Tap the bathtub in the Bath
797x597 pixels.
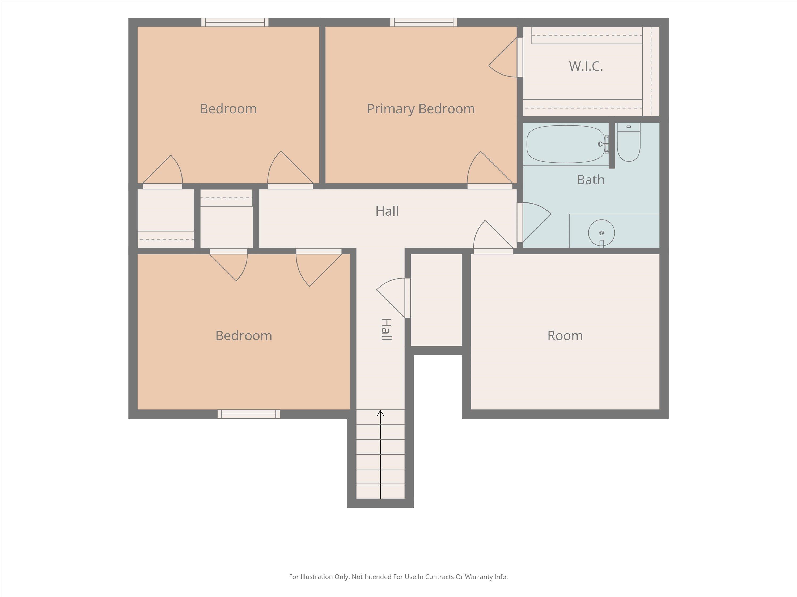pyautogui.click(x=566, y=144)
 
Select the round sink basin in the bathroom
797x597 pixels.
pyautogui.click(x=601, y=233)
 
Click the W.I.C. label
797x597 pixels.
pyautogui.click(x=586, y=66)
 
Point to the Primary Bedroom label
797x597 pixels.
pyautogui.click(x=421, y=109)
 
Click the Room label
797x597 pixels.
pyautogui.click(x=565, y=335)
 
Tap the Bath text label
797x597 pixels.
pyautogui.click(x=591, y=180)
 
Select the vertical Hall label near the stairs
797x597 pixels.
pyautogui.click(x=386, y=329)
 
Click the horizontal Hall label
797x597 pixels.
pyautogui.click(x=387, y=211)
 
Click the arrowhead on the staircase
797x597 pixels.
pyautogui.click(x=380, y=413)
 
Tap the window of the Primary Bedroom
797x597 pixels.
pyautogui.click(x=424, y=22)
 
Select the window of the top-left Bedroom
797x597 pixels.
pyautogui.click(x=235, y=22)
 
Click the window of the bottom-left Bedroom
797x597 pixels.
pyautogui.click(x=249, y=414)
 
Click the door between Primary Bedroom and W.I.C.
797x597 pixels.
pyautogui.click(x=505, y=58)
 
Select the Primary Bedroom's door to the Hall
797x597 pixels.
pyautogui.click(x=490, y=169)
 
